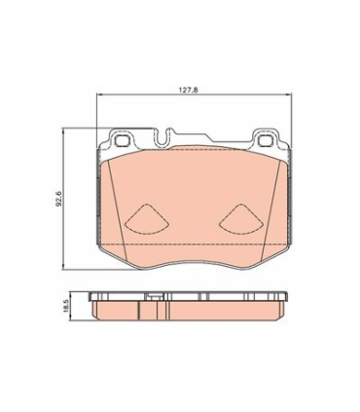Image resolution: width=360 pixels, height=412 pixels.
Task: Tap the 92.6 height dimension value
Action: [x=59, y=199]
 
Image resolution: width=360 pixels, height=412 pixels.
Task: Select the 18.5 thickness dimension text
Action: [x=67, y=306]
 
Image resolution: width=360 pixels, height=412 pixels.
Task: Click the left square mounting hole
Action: [x=123, y=140]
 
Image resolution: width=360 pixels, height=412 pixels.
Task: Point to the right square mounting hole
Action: [x=267, y=140]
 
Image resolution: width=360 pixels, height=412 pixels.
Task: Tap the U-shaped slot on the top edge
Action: [x=162, y=137]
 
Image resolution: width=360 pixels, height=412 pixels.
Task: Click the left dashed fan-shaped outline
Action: [x=147, y=219]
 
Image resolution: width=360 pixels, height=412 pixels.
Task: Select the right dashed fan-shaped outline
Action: [x=240, y=219]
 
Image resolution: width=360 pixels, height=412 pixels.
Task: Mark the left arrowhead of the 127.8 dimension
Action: [x=99, y=94]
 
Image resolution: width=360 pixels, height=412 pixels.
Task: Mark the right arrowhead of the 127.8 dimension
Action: [x=289, y=94]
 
